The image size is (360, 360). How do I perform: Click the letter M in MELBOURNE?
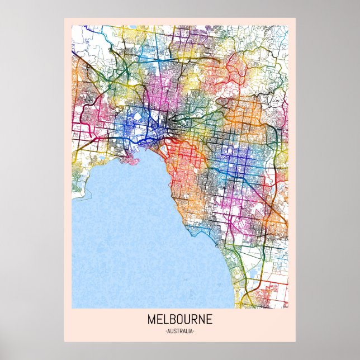click(151, 320)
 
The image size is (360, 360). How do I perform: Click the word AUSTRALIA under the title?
click(180, 331)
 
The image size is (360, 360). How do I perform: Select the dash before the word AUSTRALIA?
click(167, 331)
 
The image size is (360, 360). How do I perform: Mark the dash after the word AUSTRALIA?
click(193, 331)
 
